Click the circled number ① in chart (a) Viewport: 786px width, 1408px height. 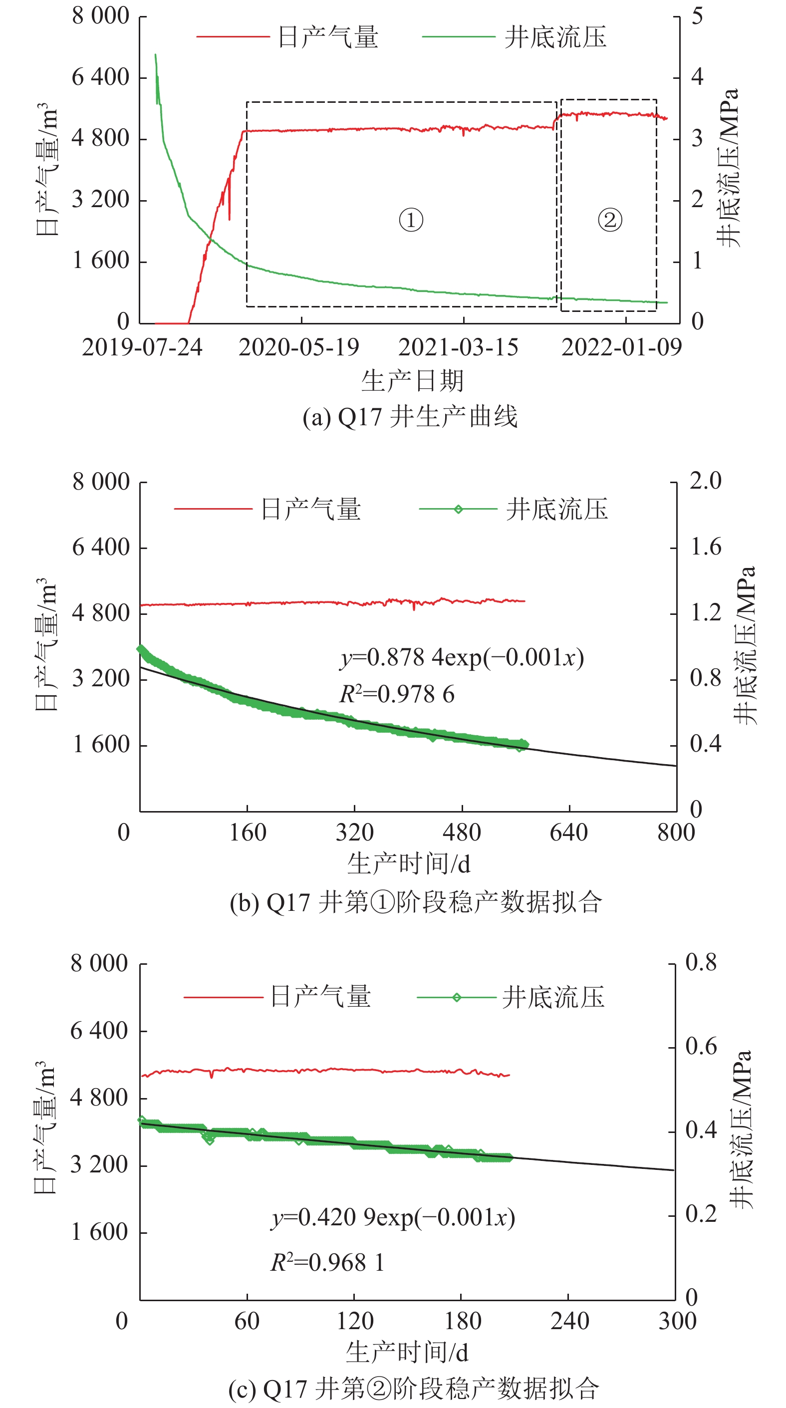coord(411,220)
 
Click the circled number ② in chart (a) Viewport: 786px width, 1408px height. coord(609,220)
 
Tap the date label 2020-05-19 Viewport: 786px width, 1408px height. coord(298,347)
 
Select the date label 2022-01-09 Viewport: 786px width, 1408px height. coord(621,347)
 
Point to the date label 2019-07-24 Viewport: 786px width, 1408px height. coord(142,347)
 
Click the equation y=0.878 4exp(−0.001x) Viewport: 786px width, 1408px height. coord(462,657)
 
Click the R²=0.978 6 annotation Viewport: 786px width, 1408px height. coord(397,694)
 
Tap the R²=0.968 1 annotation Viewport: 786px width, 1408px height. coord(327,1263)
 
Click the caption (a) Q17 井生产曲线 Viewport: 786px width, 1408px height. coord(410,417)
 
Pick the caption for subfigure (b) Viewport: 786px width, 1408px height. coord(415,902)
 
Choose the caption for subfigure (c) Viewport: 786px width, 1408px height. coord(414,1389)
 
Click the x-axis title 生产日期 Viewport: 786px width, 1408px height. coord(412,380)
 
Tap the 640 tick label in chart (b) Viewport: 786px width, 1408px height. coord(568,833)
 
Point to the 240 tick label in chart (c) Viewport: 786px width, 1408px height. coord(569,1321)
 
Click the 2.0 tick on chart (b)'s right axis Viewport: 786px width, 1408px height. coord(705,481)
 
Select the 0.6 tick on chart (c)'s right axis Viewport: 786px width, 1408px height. coord(701,1046)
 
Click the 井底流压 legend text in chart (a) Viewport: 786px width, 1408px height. coord(555,37)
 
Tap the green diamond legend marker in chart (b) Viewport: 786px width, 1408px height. coord(458,510)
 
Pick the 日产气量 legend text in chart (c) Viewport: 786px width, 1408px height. coord(321,996)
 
